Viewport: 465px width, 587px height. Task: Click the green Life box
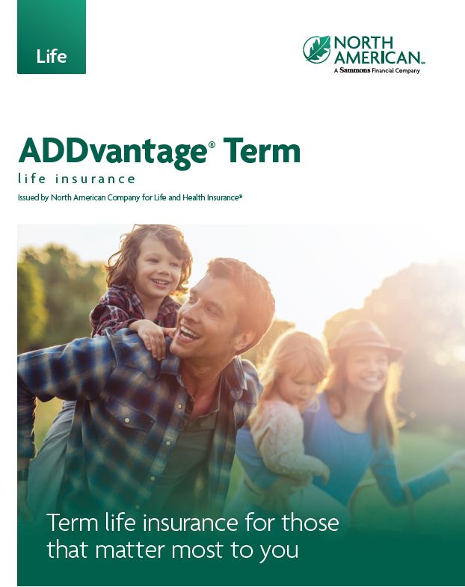[x=52, y=37]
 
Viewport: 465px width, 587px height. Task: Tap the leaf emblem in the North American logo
[x=317, y=49]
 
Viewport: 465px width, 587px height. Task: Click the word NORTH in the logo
[x=363, y=43]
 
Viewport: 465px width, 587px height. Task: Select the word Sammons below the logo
[x=355, y=70]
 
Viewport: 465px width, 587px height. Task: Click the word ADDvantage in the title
[x=113, y=151]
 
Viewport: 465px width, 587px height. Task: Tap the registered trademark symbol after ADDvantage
[x=212, y=144]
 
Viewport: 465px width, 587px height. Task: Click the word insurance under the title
[x=95, y=179]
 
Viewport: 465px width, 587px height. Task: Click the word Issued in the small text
[x=28, y=197]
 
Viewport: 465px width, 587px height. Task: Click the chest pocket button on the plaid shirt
[x=127, y=419]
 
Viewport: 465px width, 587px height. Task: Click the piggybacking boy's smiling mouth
[x=161, y=281]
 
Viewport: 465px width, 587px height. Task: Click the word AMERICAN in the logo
[x=378, y=57]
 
